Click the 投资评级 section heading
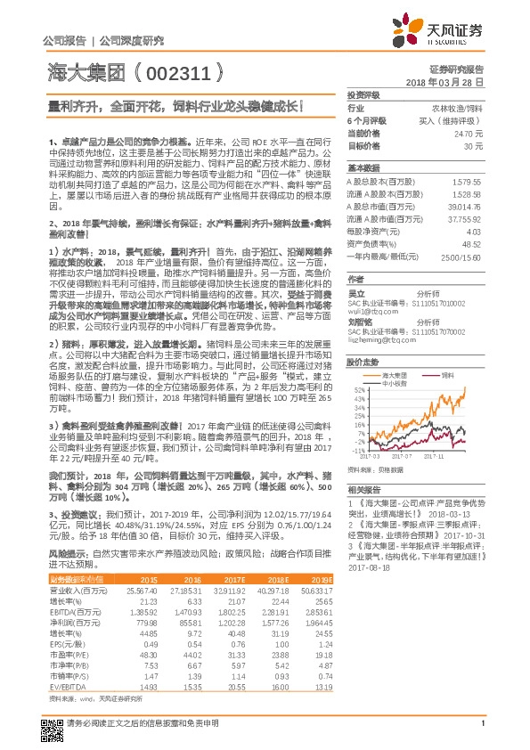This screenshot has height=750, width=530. pyautogui.click(x=363, y=94)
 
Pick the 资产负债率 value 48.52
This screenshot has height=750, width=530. pyautogui.click(x=471, y=243)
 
